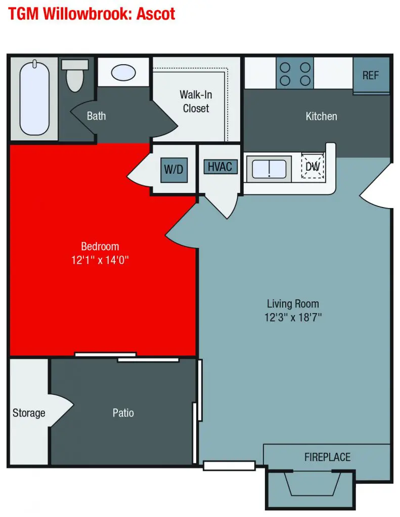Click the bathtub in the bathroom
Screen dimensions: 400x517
click(x=34, y=98)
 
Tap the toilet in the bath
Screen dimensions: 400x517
click(x=75, y=76)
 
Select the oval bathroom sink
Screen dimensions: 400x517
click(x=123, y=73)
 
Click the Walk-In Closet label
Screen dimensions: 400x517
click(x=196, y=101)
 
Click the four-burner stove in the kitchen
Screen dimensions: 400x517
click(x=295, y=73)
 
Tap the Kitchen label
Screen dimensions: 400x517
click(x=322, y=117)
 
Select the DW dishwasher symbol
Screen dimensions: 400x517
click(x=313, y=166)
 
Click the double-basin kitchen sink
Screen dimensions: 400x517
click(x=269, y=169)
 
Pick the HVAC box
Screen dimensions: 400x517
click(x=220, y=167)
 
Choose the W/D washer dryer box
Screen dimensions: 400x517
click(x=174, y=170)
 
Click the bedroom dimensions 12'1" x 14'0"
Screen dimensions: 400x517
click(x=100, y=260)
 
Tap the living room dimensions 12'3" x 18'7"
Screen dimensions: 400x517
click(x=293, y=318)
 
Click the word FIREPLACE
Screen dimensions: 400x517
click(x=327, y=457)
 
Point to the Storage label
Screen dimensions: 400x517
click(x=29, y=413)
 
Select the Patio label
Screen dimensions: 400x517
click(x=123, y=413)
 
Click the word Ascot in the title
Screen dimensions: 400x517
click(x=156, y=14)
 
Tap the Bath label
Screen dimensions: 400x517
click(x=96, y=116)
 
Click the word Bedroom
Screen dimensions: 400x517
click(x=100, y=246)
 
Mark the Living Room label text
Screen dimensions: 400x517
click(x=293, y=303)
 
